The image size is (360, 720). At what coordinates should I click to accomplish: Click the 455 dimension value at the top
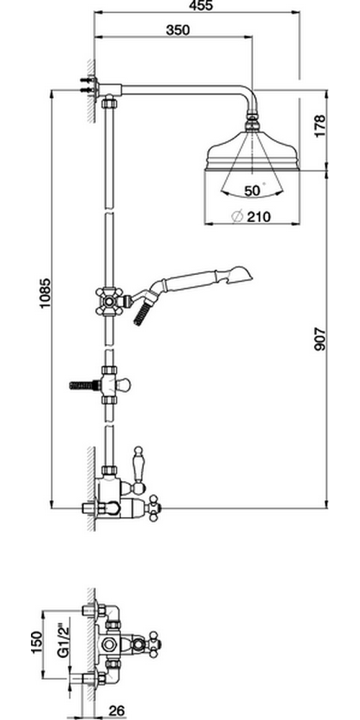pyautogui.click(x=201, y=6)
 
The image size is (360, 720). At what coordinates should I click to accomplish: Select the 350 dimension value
pyautogui.click(x=178, y=30)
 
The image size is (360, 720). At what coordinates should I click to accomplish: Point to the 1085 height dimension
pyautogui.click(x=45, y=293)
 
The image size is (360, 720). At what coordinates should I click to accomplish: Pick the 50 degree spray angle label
pyautogui.click(x=252, y=191)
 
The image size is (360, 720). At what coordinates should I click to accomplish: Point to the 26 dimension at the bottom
pyautogui.click(x=117, y=711)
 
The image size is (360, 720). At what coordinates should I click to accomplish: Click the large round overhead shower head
pyautogui.click(x=251, y=150)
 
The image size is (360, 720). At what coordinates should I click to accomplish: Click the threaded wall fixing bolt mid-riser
pyautogui.click(x=84, y=384)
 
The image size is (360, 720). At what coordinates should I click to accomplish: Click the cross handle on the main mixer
pyautogui.click(x=153, y=508)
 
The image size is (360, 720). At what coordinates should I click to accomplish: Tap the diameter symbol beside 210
pyautogui.click(x=238, y=217)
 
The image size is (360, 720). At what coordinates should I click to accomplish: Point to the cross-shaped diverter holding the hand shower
pyautogui.click(x=109, y=302)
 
